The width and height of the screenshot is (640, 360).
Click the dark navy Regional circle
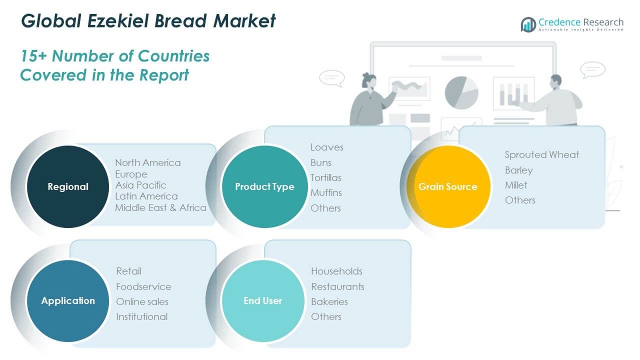pos(67,186)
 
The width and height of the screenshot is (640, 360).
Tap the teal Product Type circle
pos(264,186)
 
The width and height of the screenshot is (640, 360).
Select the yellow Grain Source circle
pos(448,186)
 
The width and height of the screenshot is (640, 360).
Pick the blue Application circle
pos(67,300)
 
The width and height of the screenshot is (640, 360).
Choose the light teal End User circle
pos(263,300)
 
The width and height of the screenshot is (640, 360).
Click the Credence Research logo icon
pos(528,24)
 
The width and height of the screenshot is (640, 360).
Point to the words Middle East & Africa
pos(160,207)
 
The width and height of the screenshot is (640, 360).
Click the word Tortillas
pos(325,177)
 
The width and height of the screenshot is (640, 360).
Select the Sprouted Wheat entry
pos(541,154)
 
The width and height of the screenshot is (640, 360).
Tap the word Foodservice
pos(143,286)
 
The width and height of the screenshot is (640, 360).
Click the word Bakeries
pos(329,301)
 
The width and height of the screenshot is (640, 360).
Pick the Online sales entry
pos(142,301)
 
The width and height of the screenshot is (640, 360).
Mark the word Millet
pos(515,185)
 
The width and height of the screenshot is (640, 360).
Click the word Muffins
pos(326,192)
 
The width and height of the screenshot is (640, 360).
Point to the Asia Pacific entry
pos(140,185)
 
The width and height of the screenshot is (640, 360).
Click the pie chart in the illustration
pos(461,92)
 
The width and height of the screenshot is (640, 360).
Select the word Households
pos(336,271)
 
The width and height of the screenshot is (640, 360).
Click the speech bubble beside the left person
pos(331,78)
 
